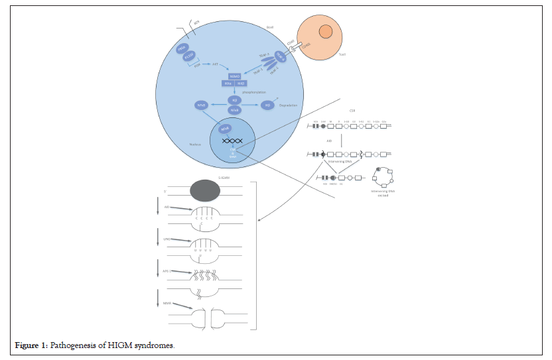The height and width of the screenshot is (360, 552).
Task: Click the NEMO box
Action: coord(234,76)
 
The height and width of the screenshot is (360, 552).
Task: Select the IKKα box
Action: coord(228,84)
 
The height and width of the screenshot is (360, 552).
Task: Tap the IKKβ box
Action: coord(241,84)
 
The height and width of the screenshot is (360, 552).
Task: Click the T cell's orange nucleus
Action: coord(326,31)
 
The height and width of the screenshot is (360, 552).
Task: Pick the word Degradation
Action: coord(289,105)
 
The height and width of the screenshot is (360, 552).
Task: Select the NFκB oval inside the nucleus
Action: coord(224,129)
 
